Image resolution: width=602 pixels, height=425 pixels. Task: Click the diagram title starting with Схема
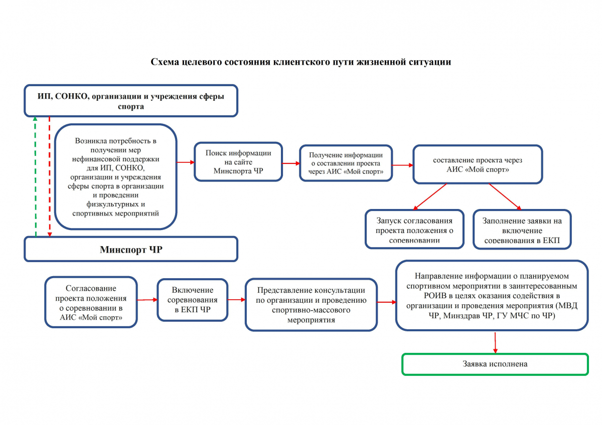point(300,62)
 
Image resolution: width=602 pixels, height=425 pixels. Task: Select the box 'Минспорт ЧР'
point(131,249)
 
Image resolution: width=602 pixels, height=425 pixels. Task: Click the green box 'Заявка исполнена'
point(495,364)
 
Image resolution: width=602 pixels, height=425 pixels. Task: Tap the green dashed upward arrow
point(36,176)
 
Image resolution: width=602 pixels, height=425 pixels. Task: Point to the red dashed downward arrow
point(50,176)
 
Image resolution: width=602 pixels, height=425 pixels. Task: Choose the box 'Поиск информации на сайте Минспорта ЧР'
point(238,162)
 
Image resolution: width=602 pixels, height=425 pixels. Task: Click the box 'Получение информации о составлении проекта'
point(346,163)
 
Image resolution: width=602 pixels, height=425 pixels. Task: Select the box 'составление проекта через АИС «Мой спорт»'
point(478,164)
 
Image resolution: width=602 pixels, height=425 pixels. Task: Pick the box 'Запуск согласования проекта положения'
point(414,229)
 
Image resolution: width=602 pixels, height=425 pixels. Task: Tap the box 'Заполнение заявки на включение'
point(522,230)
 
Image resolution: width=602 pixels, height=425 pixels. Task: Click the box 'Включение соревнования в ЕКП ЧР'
point(193,300)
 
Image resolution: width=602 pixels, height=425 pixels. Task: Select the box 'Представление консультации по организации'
point(311,305)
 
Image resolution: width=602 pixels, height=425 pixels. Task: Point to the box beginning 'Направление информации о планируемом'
point(492,296)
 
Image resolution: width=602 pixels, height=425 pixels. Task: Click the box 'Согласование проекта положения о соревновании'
point(91,302)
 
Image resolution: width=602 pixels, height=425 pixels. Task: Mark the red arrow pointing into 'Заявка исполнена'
point(495,343)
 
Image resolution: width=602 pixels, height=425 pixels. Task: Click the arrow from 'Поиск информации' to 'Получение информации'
point(291,163)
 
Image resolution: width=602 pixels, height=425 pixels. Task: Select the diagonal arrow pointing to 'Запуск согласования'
point(430,197)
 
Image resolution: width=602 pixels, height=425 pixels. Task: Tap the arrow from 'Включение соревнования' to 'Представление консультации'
point(236,300)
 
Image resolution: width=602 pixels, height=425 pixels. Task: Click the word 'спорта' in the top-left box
point(131,107)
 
